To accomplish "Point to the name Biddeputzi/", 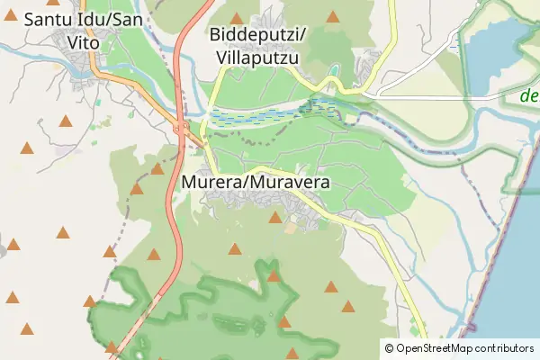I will click(x=258, y=35).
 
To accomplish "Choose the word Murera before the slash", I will click(x=212, y=183).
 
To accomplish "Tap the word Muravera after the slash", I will click(x=291, y=183).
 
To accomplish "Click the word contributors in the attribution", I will click(x=506, y=348).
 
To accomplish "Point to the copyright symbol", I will click(x=389, y=348).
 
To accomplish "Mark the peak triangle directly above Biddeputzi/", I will click(x=237, y=18).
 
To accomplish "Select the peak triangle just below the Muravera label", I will click(x=275, y=217).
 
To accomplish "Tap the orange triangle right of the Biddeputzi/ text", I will click(x=333, y=16).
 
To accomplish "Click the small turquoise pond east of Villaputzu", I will click(x=334, y=70).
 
